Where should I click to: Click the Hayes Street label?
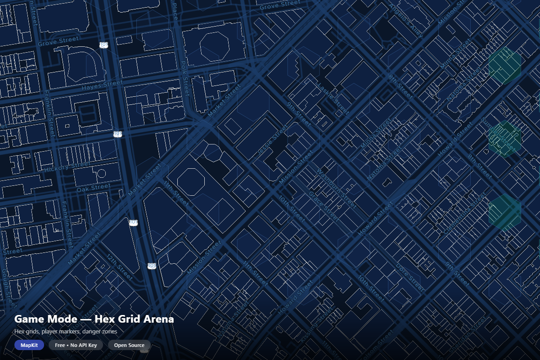[x=102, y=85]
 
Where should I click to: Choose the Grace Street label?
[x=324, y=207]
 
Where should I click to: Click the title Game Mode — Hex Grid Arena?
[x=94, y=319]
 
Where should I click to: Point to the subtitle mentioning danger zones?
[x=66, y=332]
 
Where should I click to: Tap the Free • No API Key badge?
[x=76, y=345]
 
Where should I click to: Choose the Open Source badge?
[x=129, y=345]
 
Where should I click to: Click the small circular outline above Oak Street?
[x=102, y=173]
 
